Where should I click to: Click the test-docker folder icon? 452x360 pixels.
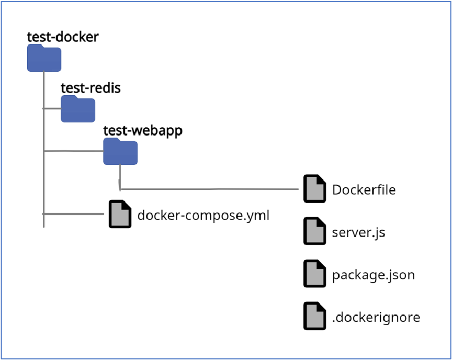click(x=44, y=58)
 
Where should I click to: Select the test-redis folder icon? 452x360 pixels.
click(x=78, y=109)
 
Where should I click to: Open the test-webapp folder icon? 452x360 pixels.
click(x=120, y=152)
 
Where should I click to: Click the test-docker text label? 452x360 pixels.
click(x=63, y=37)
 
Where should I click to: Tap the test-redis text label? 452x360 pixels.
click(x=91, y=87)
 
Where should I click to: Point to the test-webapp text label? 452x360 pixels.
click(x=142, y=130)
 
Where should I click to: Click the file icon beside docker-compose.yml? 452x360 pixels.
click(x=120, y=214)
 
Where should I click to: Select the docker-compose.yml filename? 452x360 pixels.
click(x=203, y=215)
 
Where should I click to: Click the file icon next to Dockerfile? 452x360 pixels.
click(x=314, y=188)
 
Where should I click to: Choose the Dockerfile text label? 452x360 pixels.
click(x=364, y=189)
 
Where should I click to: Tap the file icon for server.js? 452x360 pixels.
click(x=314, y=231)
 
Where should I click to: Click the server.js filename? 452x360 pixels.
click(x=358, y=232)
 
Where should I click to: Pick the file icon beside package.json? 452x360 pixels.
click(x=314, y=274)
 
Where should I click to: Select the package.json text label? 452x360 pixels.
click(x=373, y=275)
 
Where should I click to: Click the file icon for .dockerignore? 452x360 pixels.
click(x=314, y=316)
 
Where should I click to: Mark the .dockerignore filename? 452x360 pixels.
click(x=376, y=317)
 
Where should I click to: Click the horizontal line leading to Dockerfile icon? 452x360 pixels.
click(x=209, y=189)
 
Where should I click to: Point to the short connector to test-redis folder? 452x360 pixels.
click(x=52, y=109)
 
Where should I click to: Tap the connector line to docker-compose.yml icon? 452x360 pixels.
click(x=73, y=214)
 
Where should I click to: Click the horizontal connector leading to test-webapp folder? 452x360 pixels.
click(x=73, y=151)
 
